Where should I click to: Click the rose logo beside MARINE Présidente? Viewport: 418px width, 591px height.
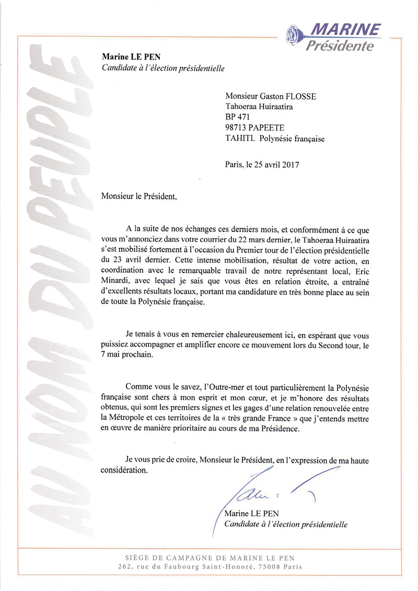pyautogui.click(x=294, y=35)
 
